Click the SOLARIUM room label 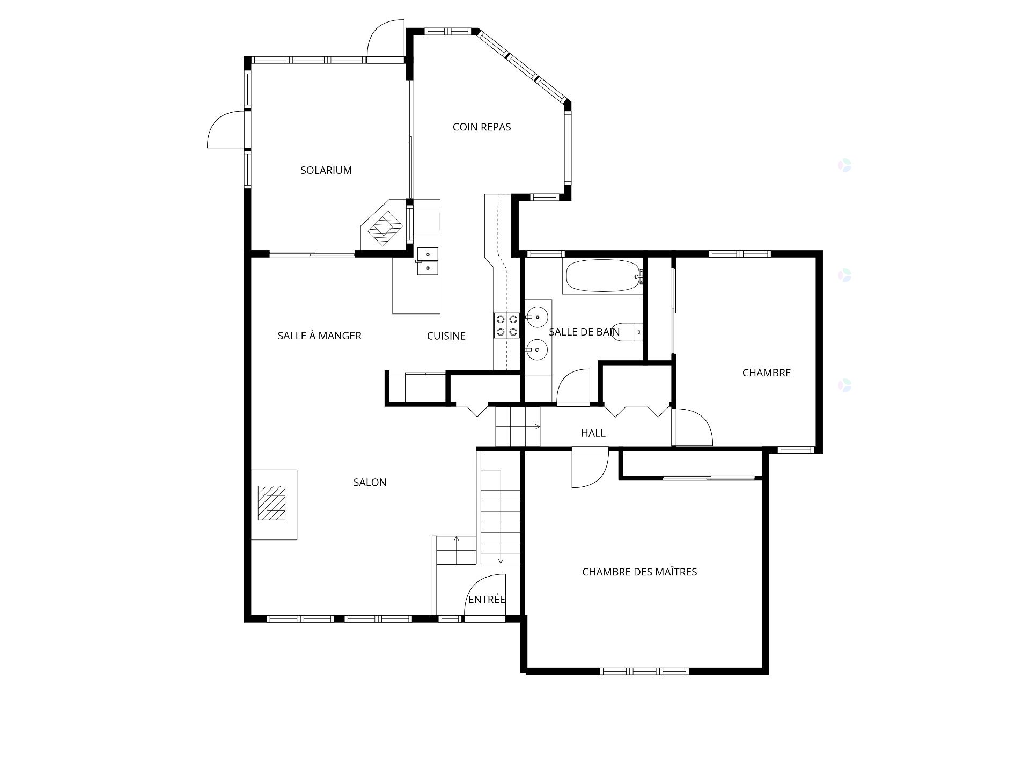326,170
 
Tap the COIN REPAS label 482,127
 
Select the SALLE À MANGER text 320,336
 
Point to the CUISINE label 446,336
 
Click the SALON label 370,482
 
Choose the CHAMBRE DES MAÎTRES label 639,572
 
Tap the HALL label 593,433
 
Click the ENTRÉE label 487,600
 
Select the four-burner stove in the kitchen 507,325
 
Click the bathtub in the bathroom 602,276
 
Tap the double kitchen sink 428,261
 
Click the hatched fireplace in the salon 272,502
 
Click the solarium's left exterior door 226,129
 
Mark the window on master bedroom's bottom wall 644,670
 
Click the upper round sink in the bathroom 537,317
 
